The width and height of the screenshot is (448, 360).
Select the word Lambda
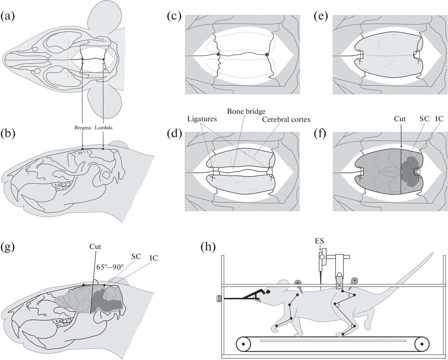104,128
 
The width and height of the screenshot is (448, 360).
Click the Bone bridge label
246,111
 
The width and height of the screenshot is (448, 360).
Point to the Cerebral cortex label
286,119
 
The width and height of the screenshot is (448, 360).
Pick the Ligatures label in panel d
202,119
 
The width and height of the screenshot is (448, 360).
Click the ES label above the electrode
320,242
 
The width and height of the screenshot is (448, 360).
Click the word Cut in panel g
95,247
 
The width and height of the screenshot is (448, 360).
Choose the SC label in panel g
136,256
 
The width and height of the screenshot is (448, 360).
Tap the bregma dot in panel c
218,54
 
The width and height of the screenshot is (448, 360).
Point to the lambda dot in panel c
267,54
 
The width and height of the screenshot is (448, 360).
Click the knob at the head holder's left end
218,299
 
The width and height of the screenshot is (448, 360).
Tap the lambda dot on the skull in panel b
103,149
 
